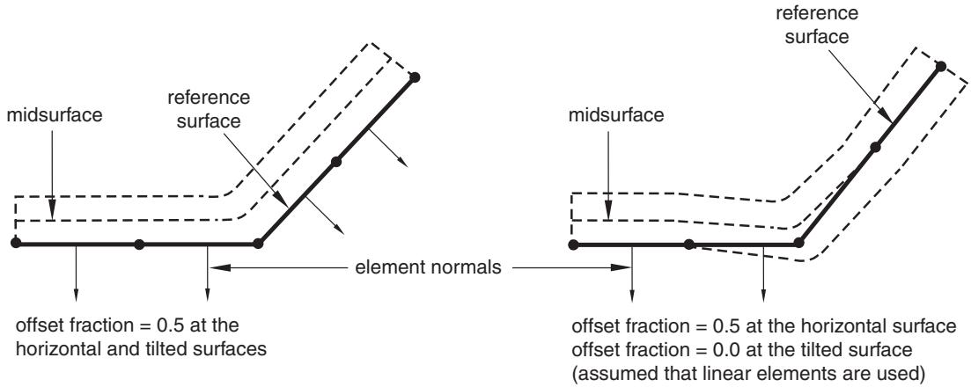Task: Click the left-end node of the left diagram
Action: pos(16,244)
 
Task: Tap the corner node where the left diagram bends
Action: pos(258,244)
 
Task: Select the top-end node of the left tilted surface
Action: pos(415,77)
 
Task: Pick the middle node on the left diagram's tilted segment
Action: pos(336,162)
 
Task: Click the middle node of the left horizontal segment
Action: pos(139,245)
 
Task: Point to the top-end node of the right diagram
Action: pos(941,66)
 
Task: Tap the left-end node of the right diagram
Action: pos(573,245)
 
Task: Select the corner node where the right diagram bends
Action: pos(799,244)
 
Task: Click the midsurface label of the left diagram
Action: pos(54,116)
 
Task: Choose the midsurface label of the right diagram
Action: pos(616,116)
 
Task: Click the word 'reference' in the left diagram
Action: pos(209,98)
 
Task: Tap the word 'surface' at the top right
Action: pos(818,37)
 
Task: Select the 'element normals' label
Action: pos(428,267)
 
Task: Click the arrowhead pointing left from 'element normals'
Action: pos(220,268)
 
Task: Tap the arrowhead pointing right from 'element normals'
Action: pos(620,268)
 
